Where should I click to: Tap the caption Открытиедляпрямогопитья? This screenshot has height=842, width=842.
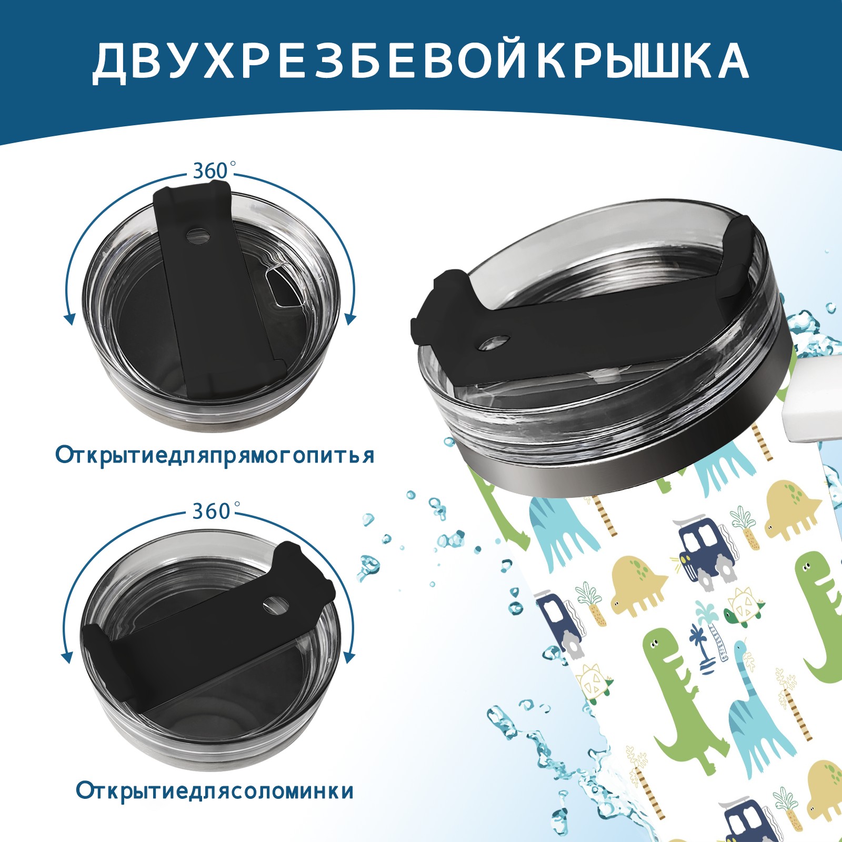coord(215,455)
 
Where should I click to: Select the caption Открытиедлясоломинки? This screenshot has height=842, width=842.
coord(215,790)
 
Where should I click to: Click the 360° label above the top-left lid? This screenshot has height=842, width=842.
coord(210,171)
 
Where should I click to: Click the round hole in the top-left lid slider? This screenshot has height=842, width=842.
coord(198,235)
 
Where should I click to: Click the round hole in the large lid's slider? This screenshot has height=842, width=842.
coord(495,342)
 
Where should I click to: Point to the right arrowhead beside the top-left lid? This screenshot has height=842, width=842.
coord(350,319)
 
